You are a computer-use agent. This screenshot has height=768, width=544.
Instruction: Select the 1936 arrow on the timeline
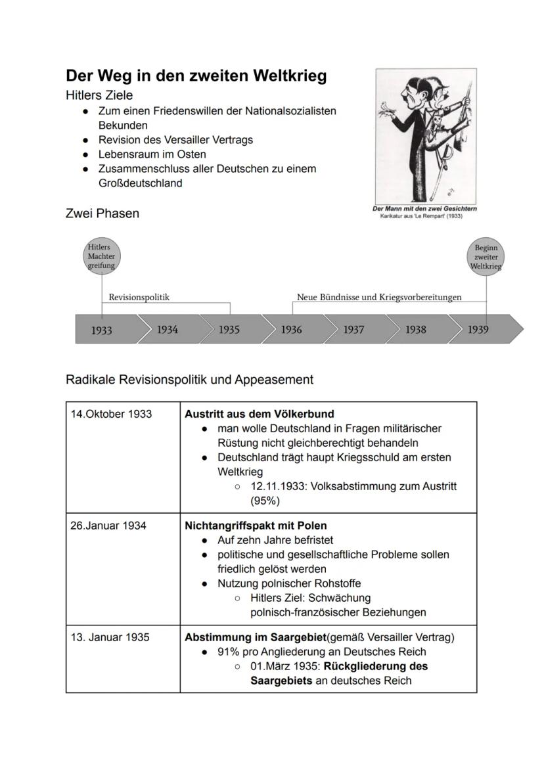pyautogui.click(x=292, y=329)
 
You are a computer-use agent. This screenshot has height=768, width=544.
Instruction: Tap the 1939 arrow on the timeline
pyautogui.click(x=480, y=329)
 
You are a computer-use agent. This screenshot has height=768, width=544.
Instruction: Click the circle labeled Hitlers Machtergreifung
pyautogui.click(x=101, y=256)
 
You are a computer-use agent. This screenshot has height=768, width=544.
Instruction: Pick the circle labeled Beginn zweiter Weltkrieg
pyautogui.click(x=486, y=257)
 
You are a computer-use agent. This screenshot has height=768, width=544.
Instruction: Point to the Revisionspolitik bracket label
pyautogui.click(x=139, y=297)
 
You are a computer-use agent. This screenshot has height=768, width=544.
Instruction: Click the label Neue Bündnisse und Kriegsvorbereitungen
pyautogui.click(x=379, y=297)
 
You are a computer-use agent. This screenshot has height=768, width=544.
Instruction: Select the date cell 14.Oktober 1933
pyautogui.click(x=111, y=414)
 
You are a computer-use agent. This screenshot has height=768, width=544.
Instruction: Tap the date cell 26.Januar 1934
pyautogui.click(x=108, y=526)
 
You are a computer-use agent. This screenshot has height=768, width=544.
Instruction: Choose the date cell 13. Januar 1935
pyautogui.click(x=110, y=637)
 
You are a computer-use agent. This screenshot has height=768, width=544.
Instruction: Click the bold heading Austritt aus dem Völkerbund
pyautogui.click(x=259, y=414)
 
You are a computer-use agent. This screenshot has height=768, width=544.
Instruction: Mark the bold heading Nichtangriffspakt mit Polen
pyautogui.click(x=256, y=526)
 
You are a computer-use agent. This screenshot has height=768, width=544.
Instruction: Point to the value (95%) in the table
pyautogui.click(x=265, y=501)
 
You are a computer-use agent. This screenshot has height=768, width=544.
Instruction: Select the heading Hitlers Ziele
pyautogui.click(x=99, y=95)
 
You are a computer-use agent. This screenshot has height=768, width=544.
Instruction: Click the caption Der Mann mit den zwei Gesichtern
pyautogui.click(x=424, y=209)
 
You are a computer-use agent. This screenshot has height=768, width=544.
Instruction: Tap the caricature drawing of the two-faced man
pyautogui.click(x=426, y=136)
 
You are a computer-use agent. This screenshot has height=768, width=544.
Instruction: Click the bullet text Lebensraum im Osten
pyautogui.click(x=152, y=154)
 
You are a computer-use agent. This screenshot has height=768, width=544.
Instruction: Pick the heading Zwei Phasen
pyautogui.click(x=102, y=214)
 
